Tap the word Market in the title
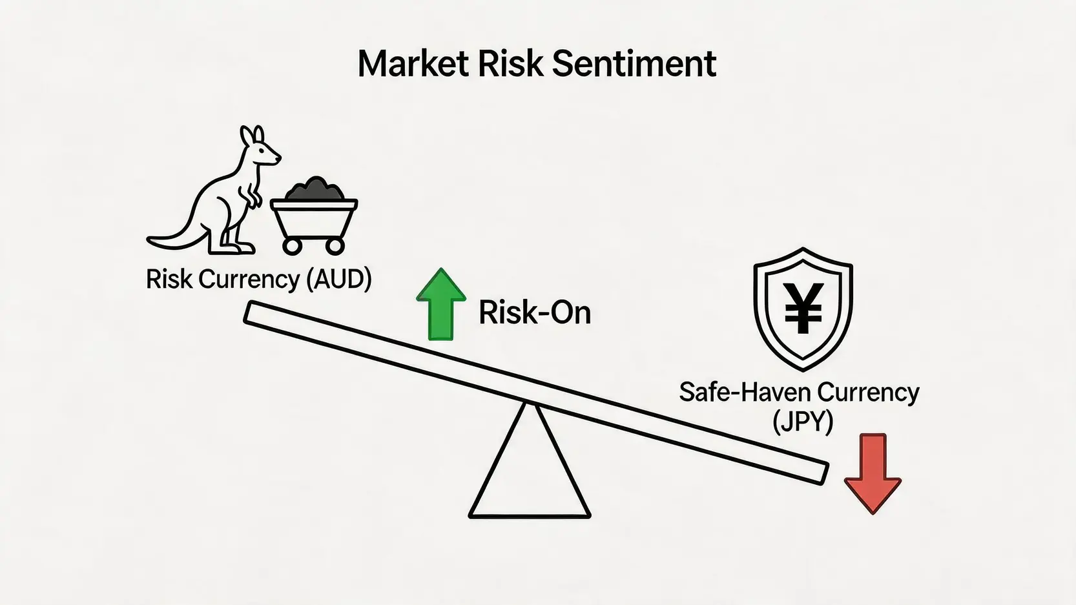point(413,63)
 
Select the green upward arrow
point(441,304)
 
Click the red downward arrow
point(873,473)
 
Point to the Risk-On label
point(535,313)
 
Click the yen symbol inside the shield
point(803,308)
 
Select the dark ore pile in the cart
point(315,189)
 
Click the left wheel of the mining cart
point(291,246)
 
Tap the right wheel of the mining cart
point(335,246)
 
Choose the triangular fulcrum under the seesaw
point(530,516)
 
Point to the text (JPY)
point(803,422)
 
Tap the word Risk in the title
point(510,63)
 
